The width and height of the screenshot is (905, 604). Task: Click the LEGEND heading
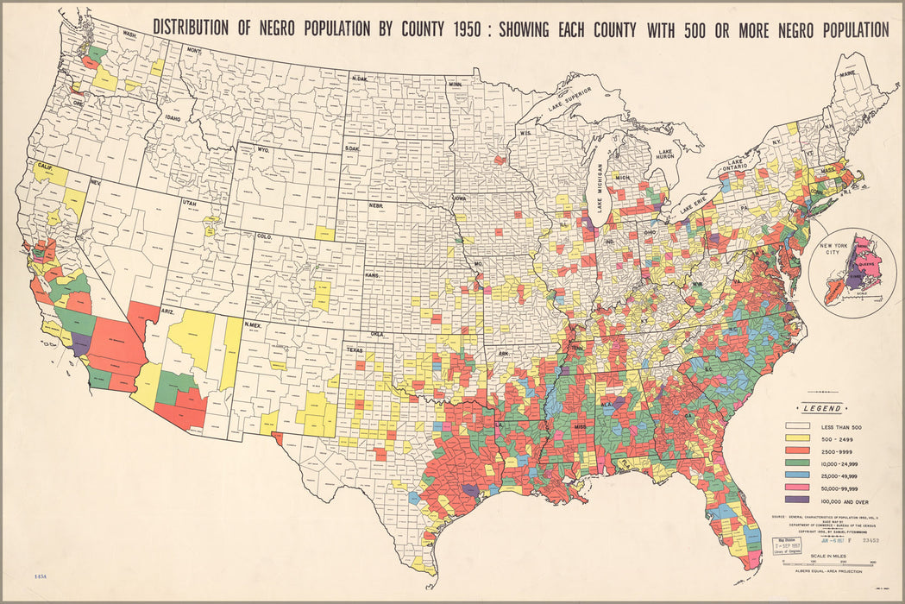click(824, 409)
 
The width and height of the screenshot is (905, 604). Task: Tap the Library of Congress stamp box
click(789, 546)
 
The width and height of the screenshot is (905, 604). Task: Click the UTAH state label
click(188, 203)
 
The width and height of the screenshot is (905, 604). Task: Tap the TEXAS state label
click(355, 350)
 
